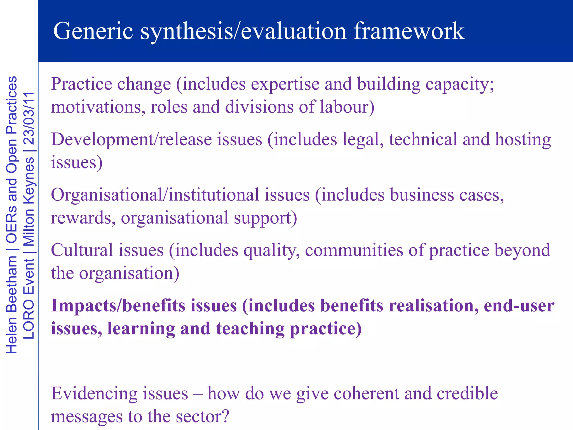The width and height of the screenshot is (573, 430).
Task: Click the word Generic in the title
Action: click(x=93, y=31)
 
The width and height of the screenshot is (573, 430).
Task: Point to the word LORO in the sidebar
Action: click(x=29, y=319)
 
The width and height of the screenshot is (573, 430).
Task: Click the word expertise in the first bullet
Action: click(x=285, y=84)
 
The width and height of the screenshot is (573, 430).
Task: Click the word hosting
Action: click(x=523, y=139)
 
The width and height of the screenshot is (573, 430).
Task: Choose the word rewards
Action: click(x=83, y=218)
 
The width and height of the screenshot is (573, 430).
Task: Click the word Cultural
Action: click(x=82, y=250)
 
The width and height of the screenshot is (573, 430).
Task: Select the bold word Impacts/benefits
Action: click(x=118, y=305)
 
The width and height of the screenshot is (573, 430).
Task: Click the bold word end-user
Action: click(x=519, y=305)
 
